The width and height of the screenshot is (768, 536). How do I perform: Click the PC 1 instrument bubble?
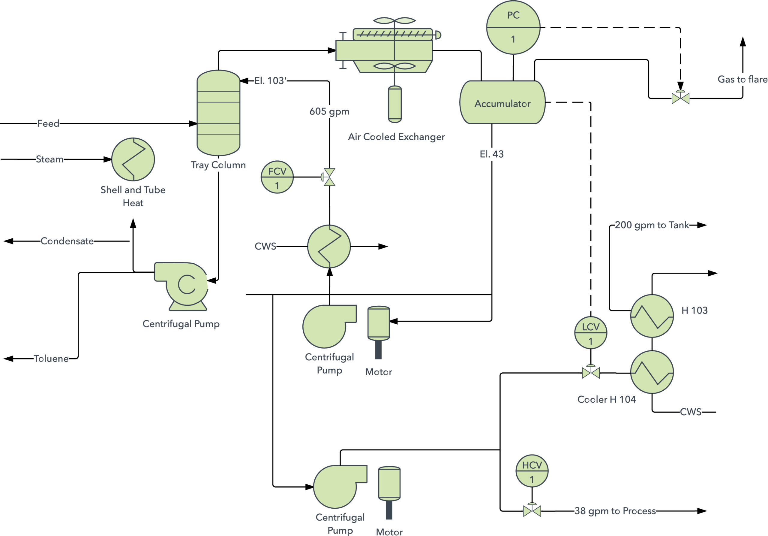tap(513, 27)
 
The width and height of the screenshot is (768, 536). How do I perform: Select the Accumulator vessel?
tap(502, 102)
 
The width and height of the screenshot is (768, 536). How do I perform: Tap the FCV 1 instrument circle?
tap(277, 177)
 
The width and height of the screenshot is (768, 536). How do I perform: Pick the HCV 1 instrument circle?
tap(532, 471)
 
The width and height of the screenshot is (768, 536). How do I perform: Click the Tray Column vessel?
tap(218, 113)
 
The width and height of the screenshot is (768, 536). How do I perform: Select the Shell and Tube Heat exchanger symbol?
tap(133, 159)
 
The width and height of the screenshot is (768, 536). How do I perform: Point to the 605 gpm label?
tap(329, 111)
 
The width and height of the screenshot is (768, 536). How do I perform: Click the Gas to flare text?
tap(742, 79)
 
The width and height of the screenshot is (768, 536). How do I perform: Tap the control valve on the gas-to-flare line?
tap(680, 98)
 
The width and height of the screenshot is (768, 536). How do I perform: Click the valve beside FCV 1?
tap(329, 177)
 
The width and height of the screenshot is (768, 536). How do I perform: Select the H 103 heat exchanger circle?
tap(652, 316)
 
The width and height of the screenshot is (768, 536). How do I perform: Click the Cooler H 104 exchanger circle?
tap(652, 372)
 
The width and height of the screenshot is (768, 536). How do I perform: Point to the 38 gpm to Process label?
tap(615, 511)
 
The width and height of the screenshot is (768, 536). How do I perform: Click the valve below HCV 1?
tap(532, 510)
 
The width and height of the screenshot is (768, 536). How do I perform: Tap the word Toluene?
tap(51, 359)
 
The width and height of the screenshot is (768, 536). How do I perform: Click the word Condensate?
tap(67, 241)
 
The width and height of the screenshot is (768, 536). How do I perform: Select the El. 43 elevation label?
tap(491, 154)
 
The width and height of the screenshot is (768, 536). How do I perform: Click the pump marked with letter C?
tap(182, 284)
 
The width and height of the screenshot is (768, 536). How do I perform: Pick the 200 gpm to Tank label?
tap(652, 225)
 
